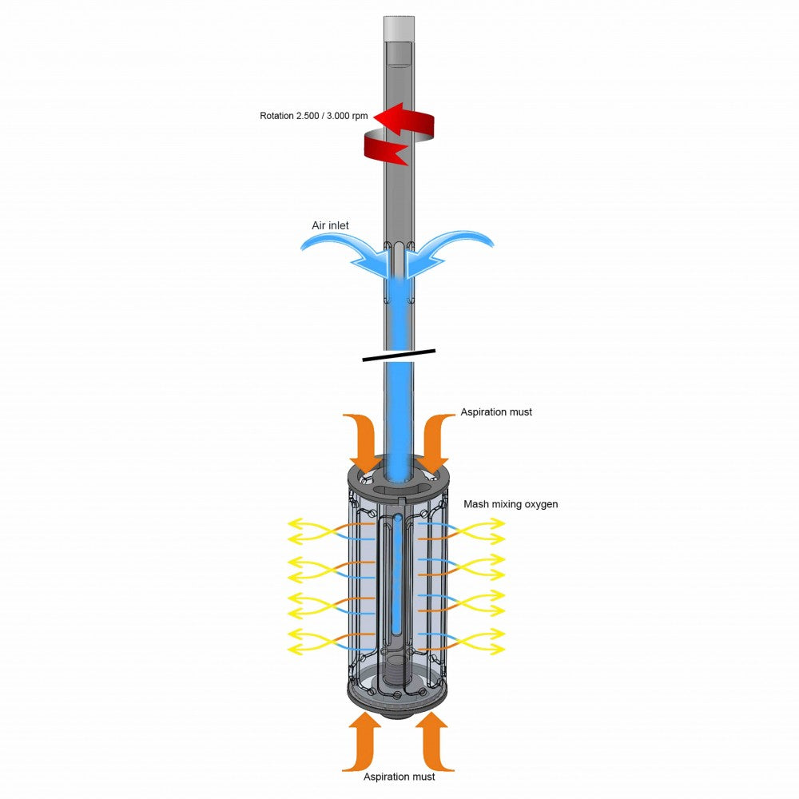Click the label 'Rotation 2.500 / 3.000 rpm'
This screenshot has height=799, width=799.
[x=313, y=116]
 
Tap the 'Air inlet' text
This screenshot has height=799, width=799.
[x=330, y=225]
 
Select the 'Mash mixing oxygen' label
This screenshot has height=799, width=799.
[x=511, y=504]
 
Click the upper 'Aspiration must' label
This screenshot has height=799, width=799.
[x=496, y=411]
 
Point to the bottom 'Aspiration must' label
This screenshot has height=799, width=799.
[x=399, y=777]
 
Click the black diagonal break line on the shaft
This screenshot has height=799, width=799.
[x=399, y=356]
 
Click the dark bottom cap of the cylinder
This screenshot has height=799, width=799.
[x=398, y=701]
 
